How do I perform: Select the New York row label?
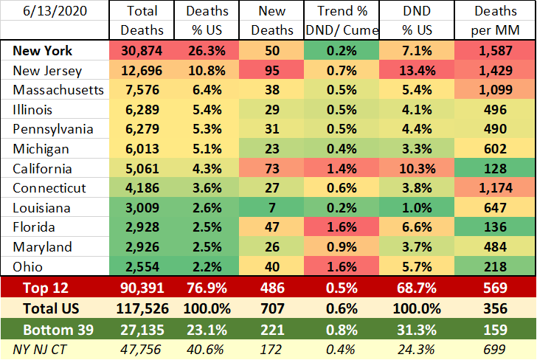coord(41,52)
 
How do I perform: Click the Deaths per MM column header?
coord(496,21)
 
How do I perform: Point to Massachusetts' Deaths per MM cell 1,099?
coord(496,91)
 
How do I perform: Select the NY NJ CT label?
coord(43,345)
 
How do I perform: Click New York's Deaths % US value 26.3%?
coord(207,52)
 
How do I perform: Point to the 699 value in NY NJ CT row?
coord(496,345)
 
